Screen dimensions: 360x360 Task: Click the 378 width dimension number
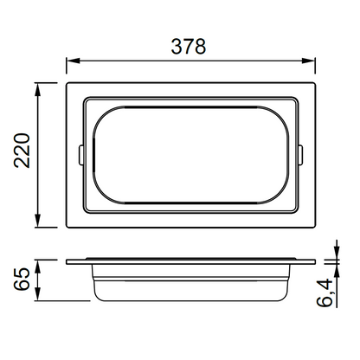coord(189,47)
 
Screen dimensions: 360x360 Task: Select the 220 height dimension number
coord(22,151)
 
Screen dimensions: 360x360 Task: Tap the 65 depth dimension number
coord(22,279)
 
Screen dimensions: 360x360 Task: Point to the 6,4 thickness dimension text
coord(325,292)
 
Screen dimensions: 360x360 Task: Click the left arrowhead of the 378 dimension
coord(73,61)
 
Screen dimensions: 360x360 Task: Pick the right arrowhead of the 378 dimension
coord(309,61)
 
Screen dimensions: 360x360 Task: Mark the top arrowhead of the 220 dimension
coord(38,89)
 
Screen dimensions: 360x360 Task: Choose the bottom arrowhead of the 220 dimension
coord(38,221)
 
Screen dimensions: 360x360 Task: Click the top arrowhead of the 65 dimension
coord(38,267)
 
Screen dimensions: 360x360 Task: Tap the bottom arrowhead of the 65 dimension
coord(38,294)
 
